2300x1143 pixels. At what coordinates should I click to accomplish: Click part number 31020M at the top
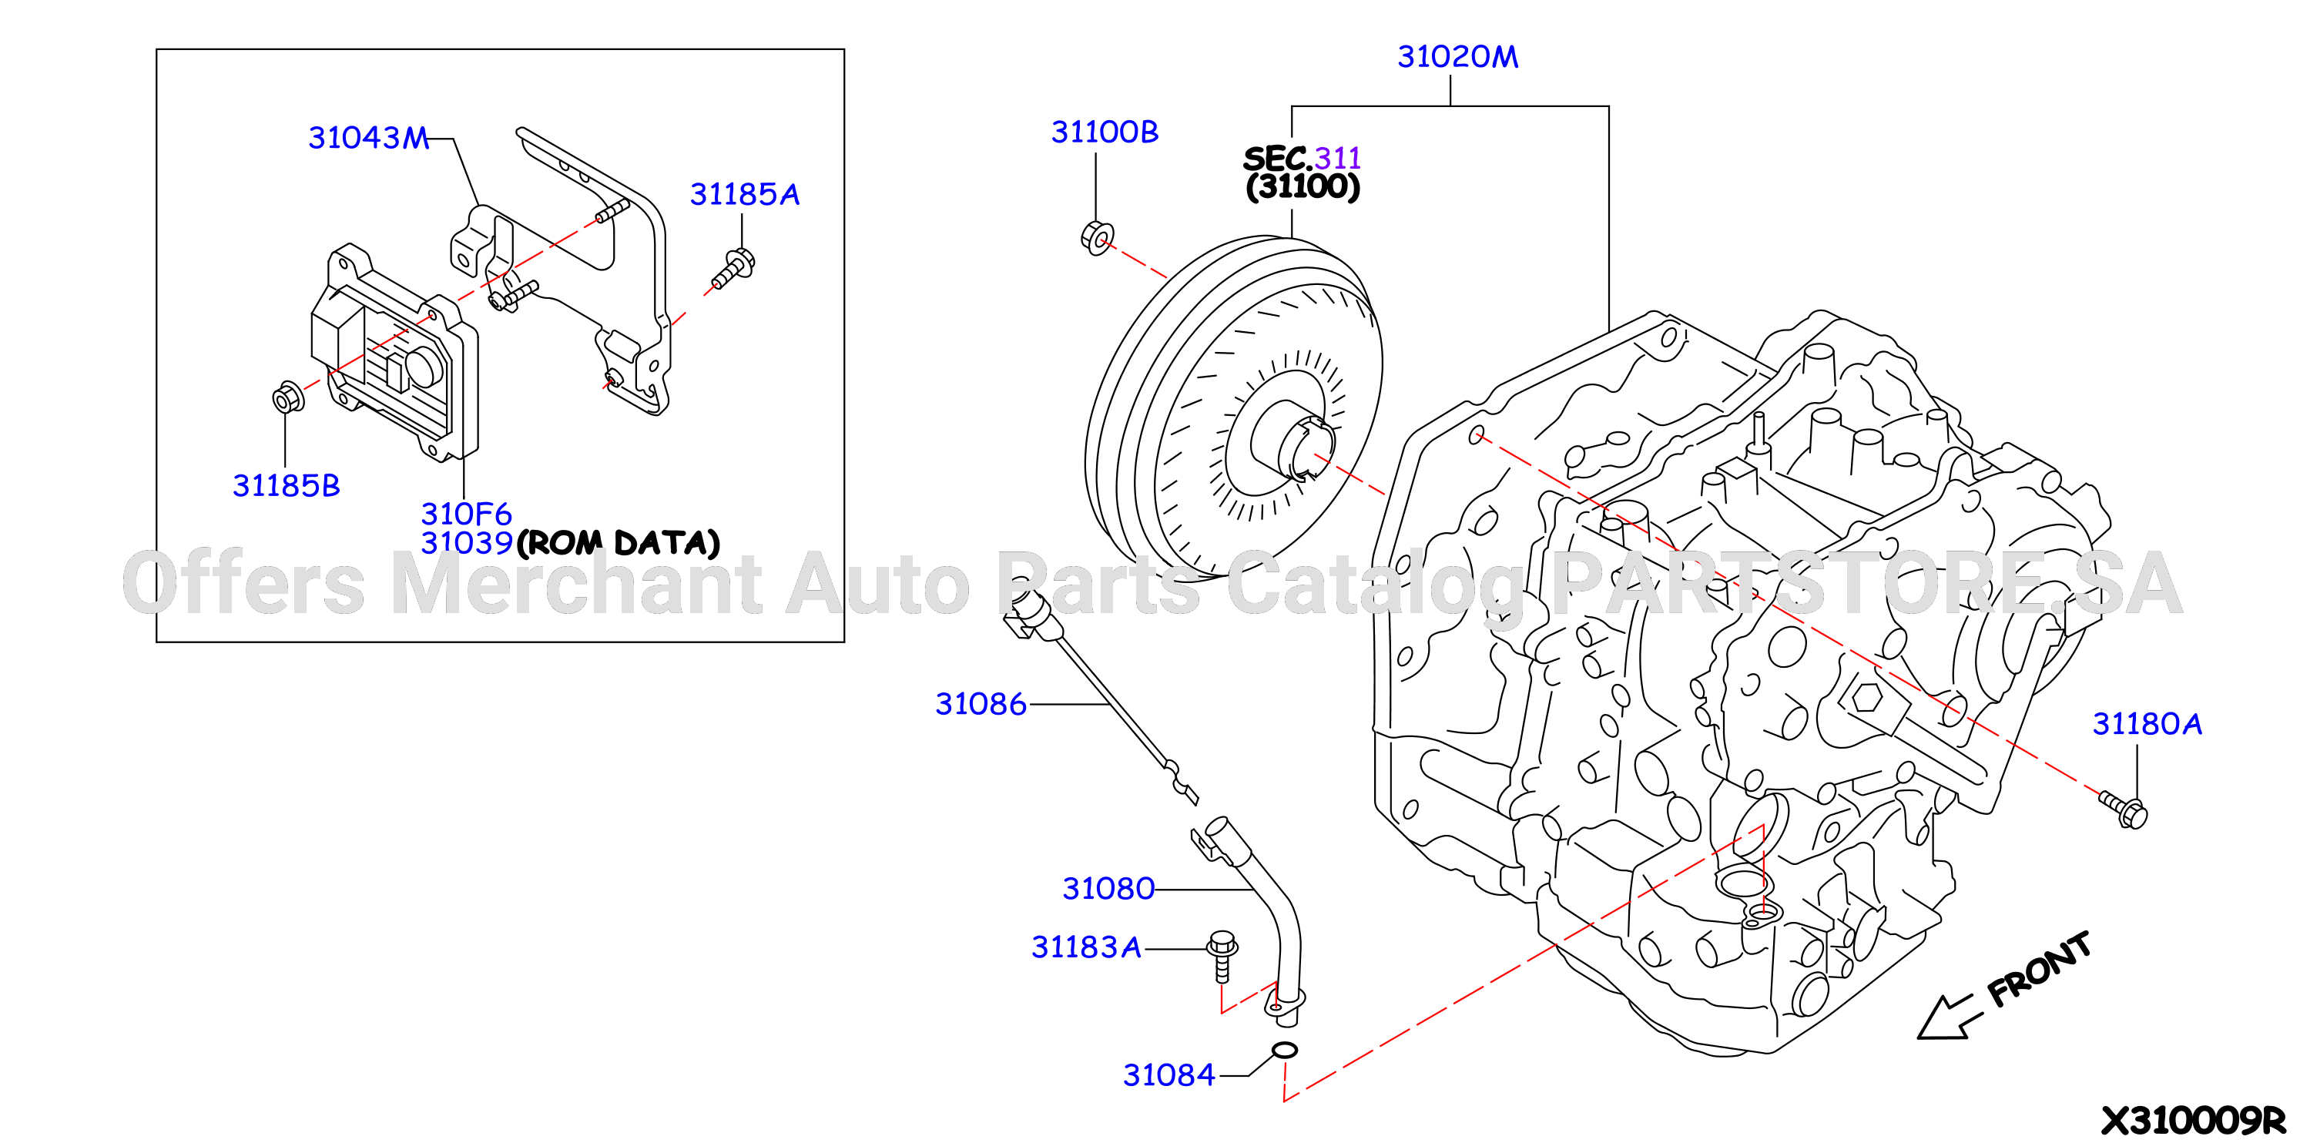click(x=1457, y=56)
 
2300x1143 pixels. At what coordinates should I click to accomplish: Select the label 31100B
click(x=1105, y=132)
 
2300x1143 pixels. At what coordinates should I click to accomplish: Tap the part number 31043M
click(x=369, y=138)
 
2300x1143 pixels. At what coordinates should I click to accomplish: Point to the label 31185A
click(x=745, y=194)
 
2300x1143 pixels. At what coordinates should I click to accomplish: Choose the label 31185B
click(x=287, y=486)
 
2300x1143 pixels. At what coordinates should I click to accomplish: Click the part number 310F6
click(x=466, y=514)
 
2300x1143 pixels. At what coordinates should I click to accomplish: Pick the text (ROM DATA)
click(x=618, y=543)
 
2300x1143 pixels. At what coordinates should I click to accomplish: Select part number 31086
click(x=981, y=704)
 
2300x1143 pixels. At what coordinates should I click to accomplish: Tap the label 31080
click(x=1108, y=889)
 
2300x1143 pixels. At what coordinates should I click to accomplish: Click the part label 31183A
click(x=1087, y=947)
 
